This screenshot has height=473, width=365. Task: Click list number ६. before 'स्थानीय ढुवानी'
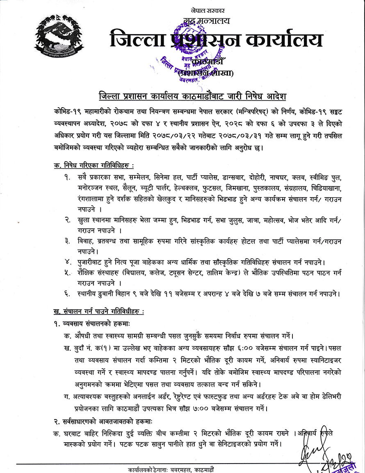(x=67, y=294)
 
